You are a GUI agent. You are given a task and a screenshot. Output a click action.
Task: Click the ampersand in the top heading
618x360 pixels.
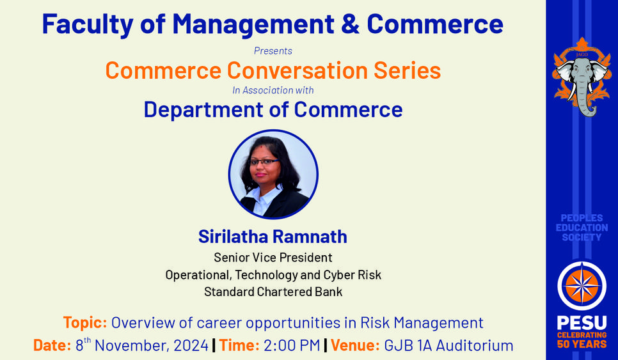tap(350, 24)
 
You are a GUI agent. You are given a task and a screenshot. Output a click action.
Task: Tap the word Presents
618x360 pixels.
tap(273, 51)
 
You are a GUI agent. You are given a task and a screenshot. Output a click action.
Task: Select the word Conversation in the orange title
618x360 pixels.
tap(297, 70)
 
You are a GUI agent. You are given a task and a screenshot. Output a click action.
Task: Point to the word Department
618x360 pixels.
tap(203, 110)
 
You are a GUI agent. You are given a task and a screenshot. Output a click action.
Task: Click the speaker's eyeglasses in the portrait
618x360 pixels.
tap(264, 162)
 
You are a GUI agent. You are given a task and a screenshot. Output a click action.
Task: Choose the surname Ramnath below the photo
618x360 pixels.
tap(310, 237)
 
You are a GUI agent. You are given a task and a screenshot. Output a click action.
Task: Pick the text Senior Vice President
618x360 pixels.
tap(273, 258)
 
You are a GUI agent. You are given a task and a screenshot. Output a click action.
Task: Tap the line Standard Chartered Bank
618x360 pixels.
tap(273, 292)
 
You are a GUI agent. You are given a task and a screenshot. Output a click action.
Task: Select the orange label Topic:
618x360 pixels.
tap(85, 323)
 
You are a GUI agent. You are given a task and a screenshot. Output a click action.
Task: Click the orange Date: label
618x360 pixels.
tap(52, 345)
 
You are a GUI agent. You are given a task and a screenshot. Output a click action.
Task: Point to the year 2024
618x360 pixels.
tap(191, 345)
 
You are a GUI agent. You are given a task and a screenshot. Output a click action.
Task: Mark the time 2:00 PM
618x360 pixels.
tap(292, 345)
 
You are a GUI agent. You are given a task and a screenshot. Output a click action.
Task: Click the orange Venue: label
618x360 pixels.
tap(355, 345)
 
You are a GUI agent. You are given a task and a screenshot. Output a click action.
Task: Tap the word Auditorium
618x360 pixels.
tap(475, 345)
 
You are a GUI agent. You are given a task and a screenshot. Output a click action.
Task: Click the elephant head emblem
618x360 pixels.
tap(582, 77)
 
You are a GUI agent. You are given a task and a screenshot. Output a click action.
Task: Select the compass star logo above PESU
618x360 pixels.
tap(582, 286)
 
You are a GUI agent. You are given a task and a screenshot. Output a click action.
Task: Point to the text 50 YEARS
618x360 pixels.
tap(582, 344)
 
